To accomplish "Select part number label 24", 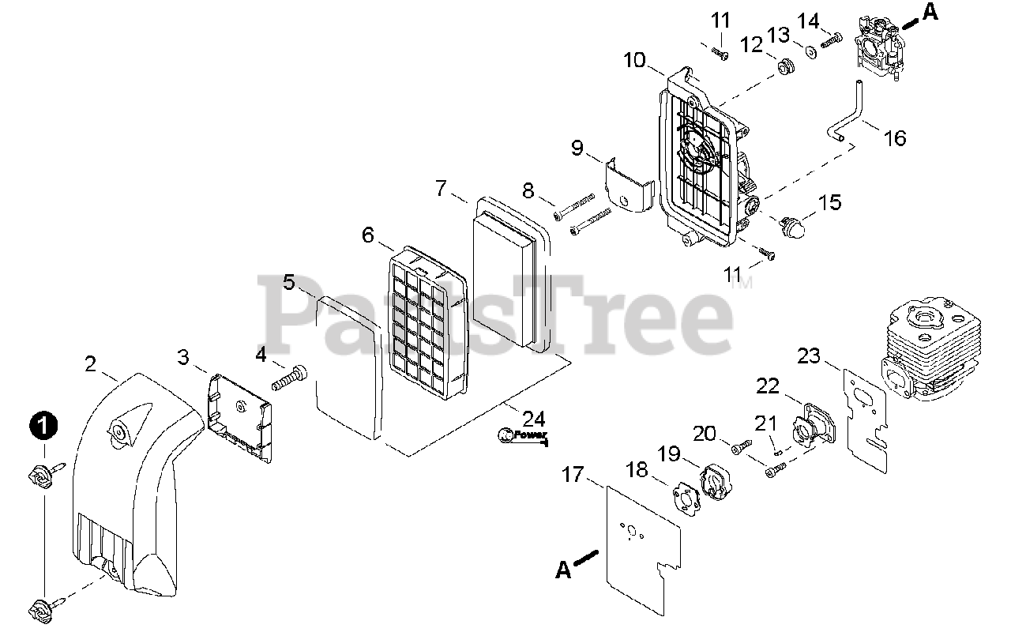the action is [533, 419].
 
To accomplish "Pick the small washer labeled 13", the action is [810, 52].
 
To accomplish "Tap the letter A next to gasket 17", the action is [563, 569].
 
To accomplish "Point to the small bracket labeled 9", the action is [628, 186].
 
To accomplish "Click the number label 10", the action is [634, 60].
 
